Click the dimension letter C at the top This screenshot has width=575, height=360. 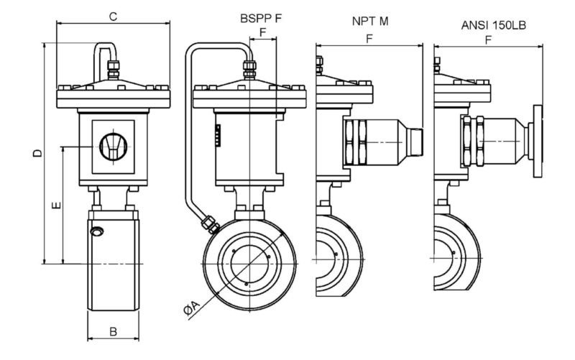114,17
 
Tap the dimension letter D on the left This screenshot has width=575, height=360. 37,153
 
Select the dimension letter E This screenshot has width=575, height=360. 57,206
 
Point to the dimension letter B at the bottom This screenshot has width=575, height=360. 114,331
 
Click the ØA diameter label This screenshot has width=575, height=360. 191,308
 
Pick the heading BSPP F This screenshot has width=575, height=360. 261,19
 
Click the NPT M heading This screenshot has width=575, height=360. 370,22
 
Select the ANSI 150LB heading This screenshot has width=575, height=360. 493,25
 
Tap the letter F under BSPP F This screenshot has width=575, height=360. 262,32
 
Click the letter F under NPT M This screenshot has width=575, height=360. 369,39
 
